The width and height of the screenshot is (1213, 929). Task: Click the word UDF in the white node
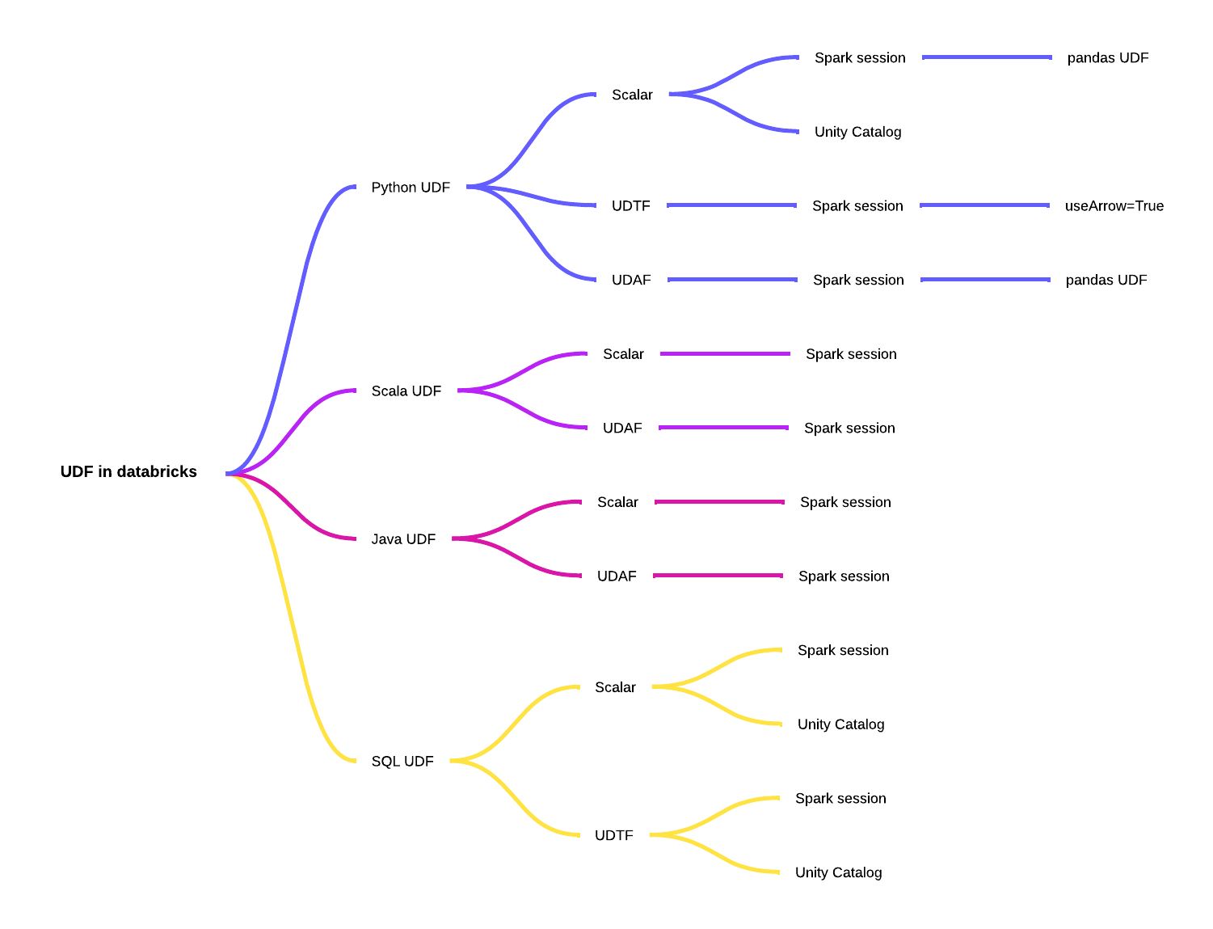click(77, 471)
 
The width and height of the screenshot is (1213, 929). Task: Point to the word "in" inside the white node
click(105, 471)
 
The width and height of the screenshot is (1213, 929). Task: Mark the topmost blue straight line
click(987, 57)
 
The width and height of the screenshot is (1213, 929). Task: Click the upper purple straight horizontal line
click(725, 353)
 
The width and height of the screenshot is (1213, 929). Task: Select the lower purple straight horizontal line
click(723, 428)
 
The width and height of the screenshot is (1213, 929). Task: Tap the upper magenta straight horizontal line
click(719, 502)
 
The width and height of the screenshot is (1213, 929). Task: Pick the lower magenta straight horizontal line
click(718, 576)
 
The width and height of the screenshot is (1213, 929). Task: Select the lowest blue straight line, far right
click(985, 280)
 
